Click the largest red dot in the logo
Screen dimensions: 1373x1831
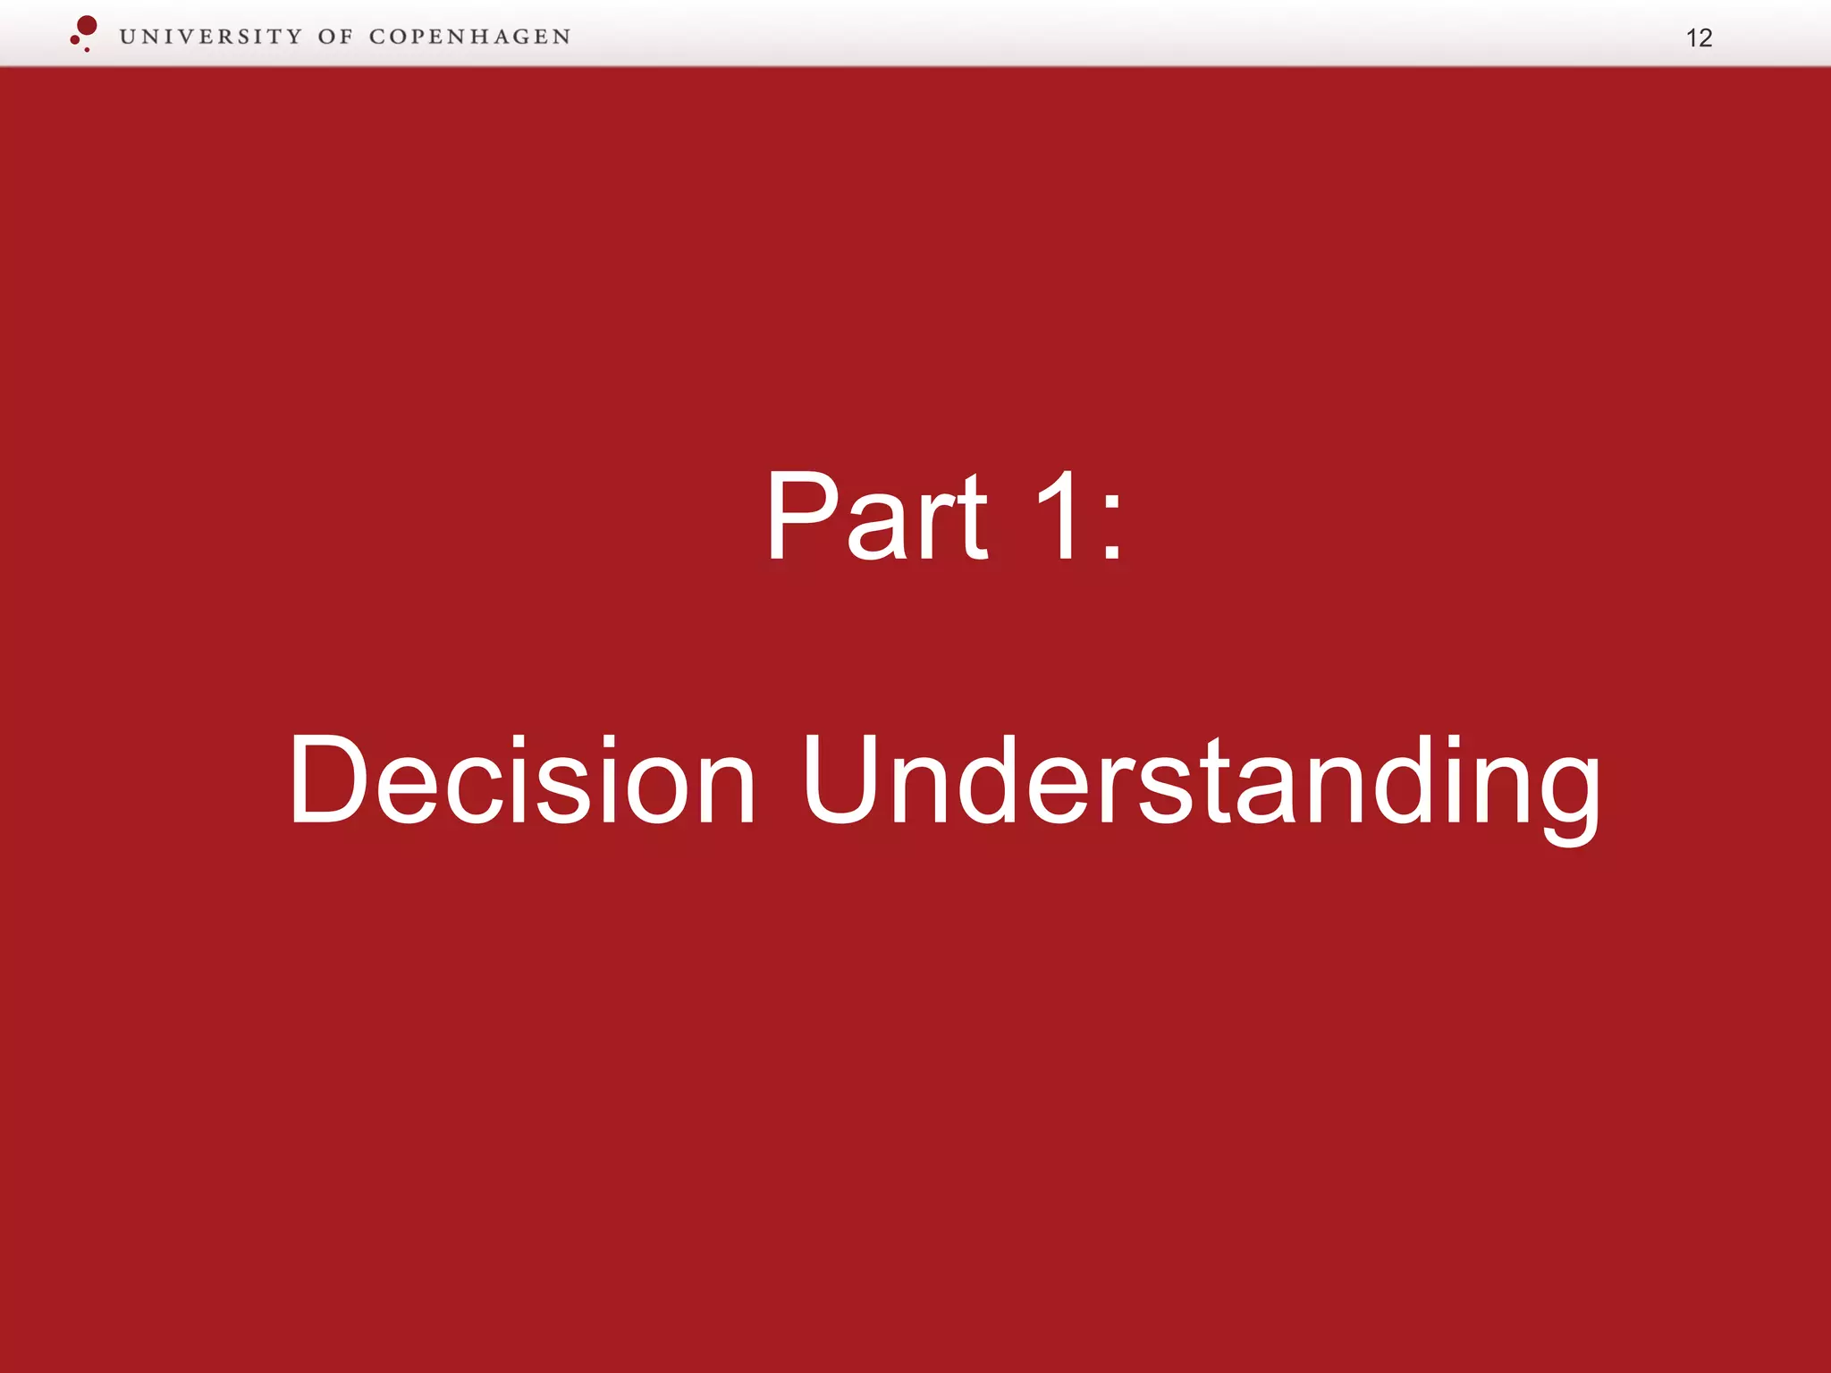coord(87,25)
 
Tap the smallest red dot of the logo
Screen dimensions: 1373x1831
coord(87,49)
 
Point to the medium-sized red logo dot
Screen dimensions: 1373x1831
coord(74,39)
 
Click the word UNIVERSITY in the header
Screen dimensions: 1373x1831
coord(211,37)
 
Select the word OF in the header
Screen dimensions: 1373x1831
coord(335,37)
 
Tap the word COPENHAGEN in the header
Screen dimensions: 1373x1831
coord(469,37)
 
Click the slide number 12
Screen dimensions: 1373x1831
coord(1699,38)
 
